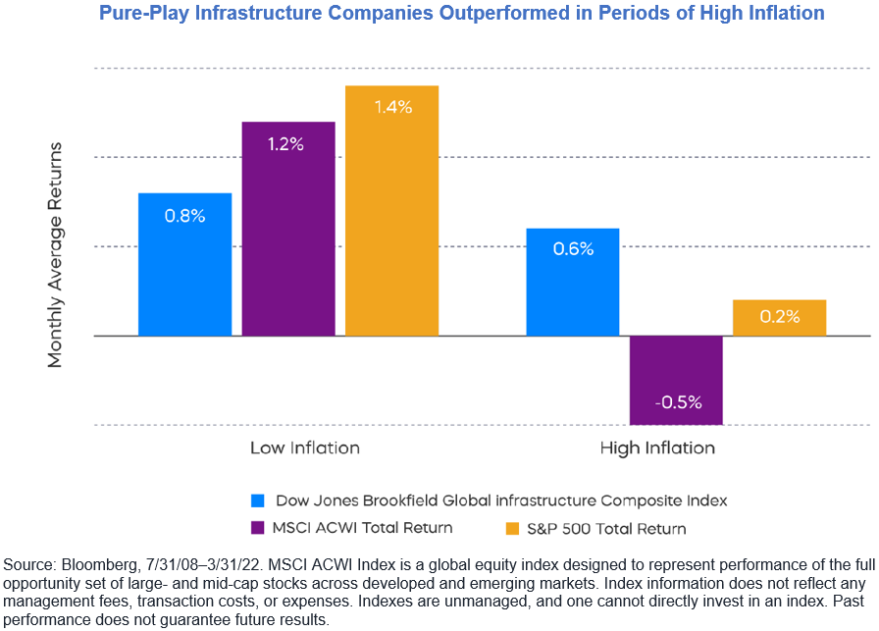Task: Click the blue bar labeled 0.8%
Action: tap(184, 265)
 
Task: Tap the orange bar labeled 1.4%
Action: tap(391, 211)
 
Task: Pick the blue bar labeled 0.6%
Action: tap(573, 283)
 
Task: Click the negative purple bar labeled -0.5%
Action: tap(676, 380)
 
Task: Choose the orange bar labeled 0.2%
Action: tap(779, 318)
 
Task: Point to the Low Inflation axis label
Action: tap(305, 448)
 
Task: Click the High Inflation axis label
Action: tap(657, 448)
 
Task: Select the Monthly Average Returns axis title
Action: tap(55, 255)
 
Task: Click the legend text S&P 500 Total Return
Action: tap(604, 528)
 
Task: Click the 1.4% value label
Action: tap(392, 107)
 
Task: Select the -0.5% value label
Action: tap(676, 401)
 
